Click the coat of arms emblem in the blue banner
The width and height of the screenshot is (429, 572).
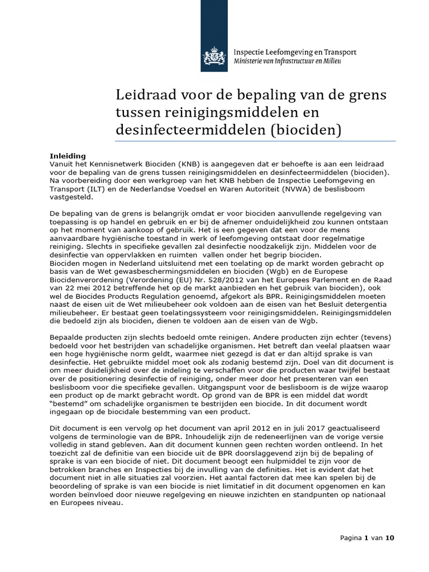point(214,56)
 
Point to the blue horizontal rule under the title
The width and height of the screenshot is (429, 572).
point(255,141)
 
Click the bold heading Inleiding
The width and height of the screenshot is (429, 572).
point(68,156)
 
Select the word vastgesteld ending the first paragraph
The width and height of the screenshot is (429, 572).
point(69,197)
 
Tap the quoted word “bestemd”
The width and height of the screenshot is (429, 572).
point(69,404)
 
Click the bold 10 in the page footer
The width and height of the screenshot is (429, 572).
point(389,538)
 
